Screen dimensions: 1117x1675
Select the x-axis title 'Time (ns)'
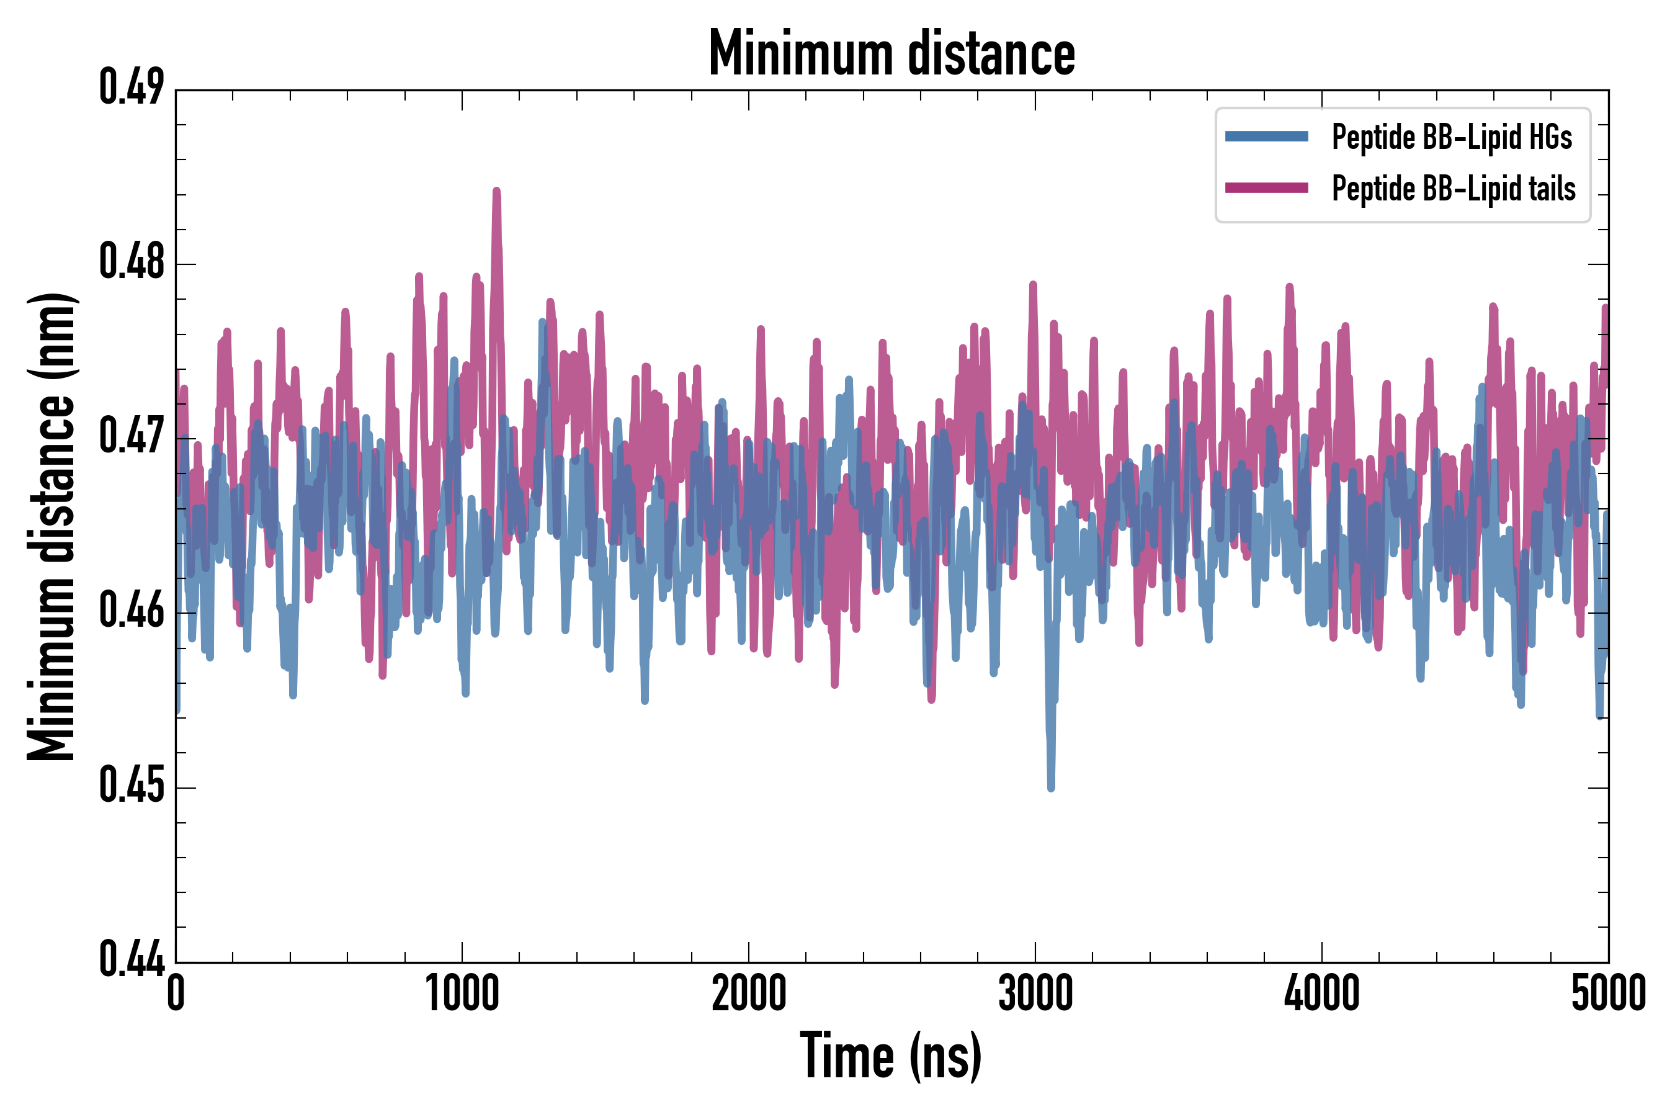(891, 1056)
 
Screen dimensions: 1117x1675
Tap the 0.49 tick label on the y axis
(131, 87)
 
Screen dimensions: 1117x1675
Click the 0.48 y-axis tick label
(131, 261)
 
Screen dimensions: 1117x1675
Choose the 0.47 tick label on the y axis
(131, 436)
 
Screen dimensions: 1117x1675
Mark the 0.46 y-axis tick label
(131, 611)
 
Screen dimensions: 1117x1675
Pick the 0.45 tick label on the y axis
(131, 785)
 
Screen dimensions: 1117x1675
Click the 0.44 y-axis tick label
(131, 959)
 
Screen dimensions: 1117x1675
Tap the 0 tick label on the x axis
(176, 993)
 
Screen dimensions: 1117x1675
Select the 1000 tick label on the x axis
(462, 993)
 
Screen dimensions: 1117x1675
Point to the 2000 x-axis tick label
(749, 993)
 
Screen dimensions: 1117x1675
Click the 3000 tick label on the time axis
(1035, 993)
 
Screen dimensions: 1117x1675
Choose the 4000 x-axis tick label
(1322, 993)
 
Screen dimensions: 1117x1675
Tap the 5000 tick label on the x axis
(1608, 993)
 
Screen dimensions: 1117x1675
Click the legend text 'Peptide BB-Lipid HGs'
(1452, 137)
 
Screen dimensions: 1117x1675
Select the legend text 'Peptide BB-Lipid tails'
(1454, 189)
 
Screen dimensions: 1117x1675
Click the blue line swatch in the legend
(1266, 137)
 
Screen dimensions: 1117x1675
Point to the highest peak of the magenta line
(496, 191)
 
